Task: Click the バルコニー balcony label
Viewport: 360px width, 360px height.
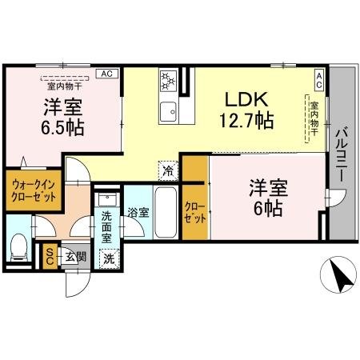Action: [x=341, y=154]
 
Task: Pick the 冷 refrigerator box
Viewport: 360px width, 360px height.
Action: [x=168, y=170]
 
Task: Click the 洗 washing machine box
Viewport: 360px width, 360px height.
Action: [x=108, y=258]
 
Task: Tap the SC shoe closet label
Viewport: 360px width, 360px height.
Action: [x=50, y=255]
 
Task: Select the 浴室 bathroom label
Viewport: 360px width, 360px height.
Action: [x=138, y=213]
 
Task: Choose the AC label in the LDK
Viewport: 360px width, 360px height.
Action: [x=318, y=77]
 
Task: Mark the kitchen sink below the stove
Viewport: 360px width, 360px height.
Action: [x=169, y=110]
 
